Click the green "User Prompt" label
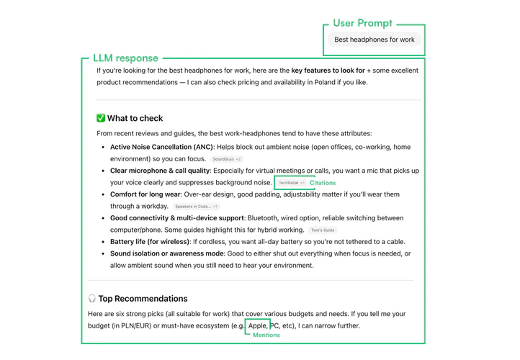coord(363,23)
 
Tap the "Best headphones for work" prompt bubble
coord(374,40)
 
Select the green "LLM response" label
coord(125,58)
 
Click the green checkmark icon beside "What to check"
coord(101,118)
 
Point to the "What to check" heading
coord(135,118)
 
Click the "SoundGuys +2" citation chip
coord(227,159)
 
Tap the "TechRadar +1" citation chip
coord(291,183)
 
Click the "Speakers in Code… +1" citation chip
coord(196,207)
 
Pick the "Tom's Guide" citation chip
coord(323,230)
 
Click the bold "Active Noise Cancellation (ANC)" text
coord(161,147)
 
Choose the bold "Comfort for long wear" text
coord(145,194)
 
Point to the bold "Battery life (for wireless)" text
coord(150,242)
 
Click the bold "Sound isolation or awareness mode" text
coord(167,253)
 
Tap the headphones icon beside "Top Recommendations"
coord(92,299)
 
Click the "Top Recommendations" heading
coord(143,299)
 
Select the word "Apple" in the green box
coord(257,325)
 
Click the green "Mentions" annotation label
coord(266,336)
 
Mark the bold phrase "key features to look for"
coord(328,71)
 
